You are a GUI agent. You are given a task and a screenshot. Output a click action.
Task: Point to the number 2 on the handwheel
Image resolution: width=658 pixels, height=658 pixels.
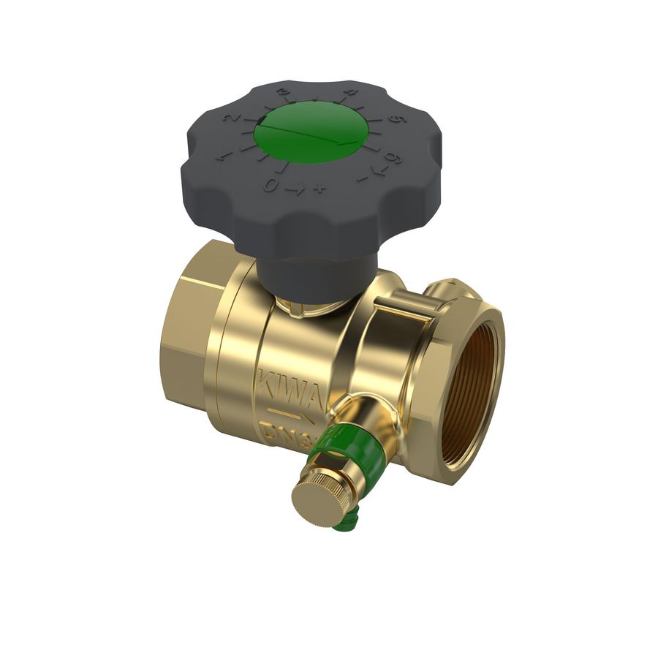(232, 119)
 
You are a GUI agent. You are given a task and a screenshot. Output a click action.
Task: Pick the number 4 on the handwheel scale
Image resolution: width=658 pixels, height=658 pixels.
(352, 93)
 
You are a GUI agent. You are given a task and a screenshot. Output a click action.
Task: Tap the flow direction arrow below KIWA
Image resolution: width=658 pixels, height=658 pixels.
(288, 417)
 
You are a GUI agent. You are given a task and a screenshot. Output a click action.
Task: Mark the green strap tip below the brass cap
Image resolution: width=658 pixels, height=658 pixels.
(343, 522)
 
